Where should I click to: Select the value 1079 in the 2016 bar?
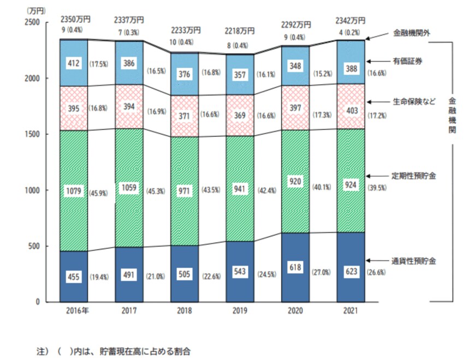pos(74,192)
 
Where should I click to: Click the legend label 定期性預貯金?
pos(414,176)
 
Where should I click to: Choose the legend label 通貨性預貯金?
pos(414,261)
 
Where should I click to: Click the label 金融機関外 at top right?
pos(412,33)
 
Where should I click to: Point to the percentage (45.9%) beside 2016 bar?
pos(99,192)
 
